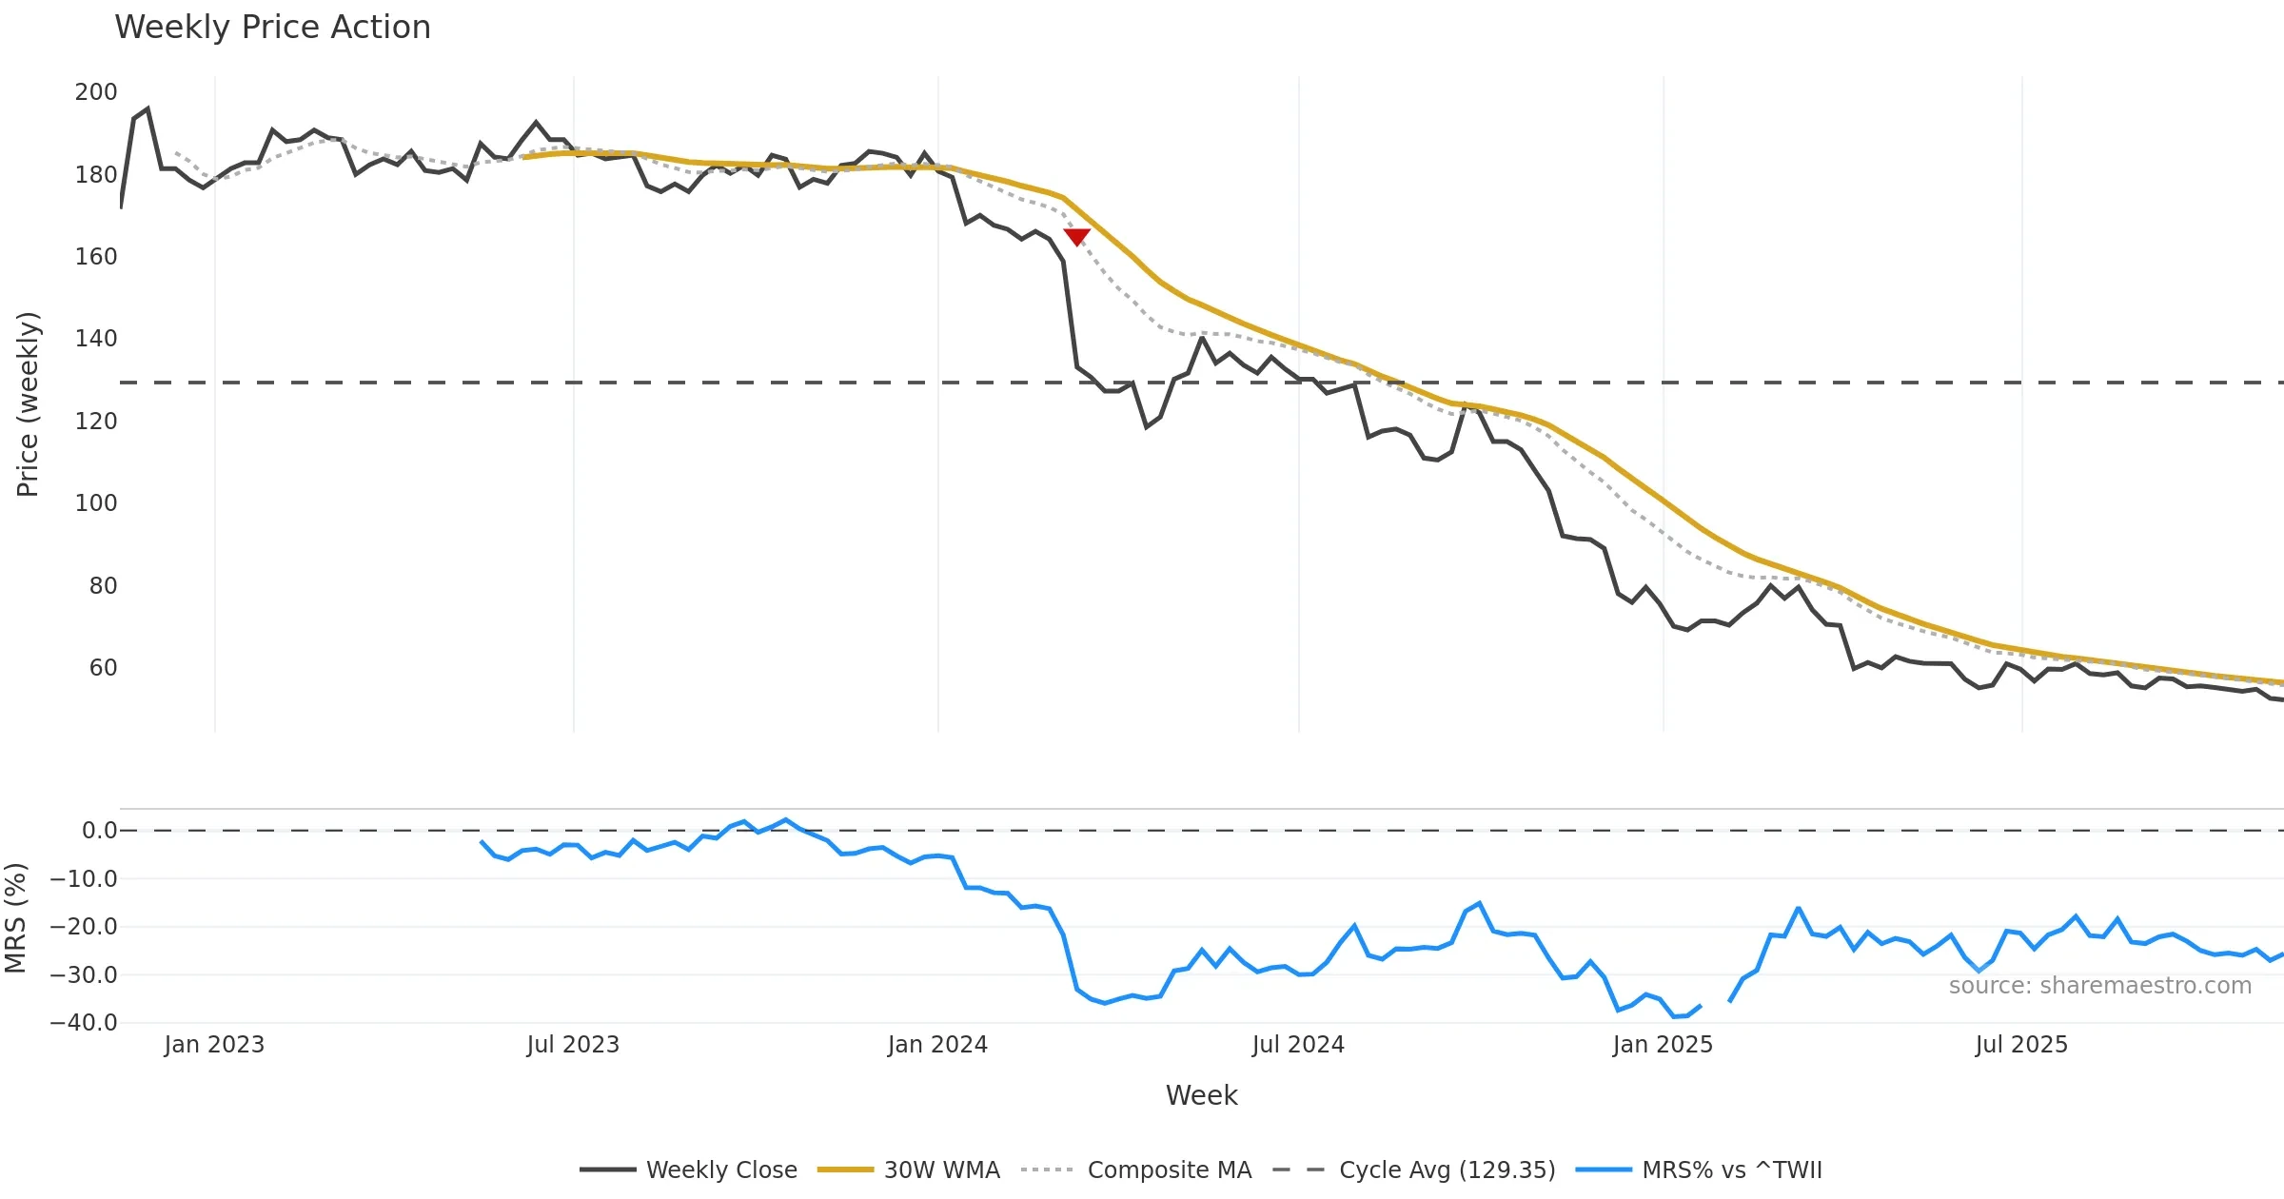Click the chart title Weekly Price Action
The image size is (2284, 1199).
pos(272,28)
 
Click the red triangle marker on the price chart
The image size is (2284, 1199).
pos(1076,237)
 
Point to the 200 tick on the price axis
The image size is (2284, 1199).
pos(96,92)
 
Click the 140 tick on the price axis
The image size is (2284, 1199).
pos(96,339)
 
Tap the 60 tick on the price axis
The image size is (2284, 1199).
pos(103,668)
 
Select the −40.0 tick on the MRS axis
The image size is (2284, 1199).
pos(84,1023)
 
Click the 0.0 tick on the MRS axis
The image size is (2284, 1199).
pos(99,831)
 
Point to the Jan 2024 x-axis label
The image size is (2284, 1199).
pos(937,1045)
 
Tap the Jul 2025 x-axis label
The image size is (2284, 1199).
pos(2021,1045)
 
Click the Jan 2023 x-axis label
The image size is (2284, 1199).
pos(214,1045)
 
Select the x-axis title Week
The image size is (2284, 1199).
pos(1201,1095)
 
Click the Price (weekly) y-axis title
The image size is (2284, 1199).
pos(28,404)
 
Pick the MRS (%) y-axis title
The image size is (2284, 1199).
pos(15,918)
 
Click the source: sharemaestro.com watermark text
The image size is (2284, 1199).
pos(2099,986)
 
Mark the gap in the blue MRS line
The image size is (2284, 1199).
pos(1715,1003)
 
